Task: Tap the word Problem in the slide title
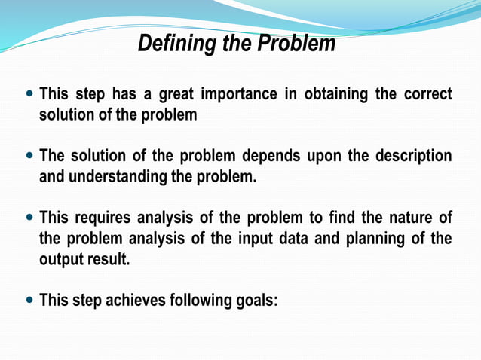click(x=296, y=44)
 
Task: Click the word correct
click(x=428, y=95)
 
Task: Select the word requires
click(x=103, y=218)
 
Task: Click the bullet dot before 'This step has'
click(x=29, y=96)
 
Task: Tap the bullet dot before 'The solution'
click(x=29, y=157)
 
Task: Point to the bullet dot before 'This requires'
click(x=29, y=218)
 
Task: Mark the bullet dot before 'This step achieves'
click(x=29, y=301)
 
